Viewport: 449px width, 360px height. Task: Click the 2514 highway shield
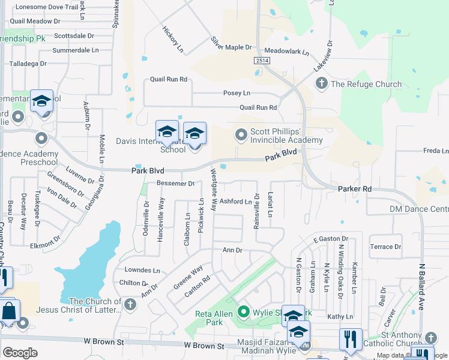coord(261,61)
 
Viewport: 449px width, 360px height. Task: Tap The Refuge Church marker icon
coord(321,83)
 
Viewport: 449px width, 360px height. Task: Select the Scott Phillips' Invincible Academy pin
coord(241,134)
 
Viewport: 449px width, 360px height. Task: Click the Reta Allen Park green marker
coord(243,311)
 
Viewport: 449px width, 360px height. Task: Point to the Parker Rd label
coord(355,189)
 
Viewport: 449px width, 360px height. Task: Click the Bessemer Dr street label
coord(175,183)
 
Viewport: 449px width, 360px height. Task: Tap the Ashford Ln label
coord(235,202)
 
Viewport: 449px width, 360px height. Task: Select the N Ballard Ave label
coord(422,286)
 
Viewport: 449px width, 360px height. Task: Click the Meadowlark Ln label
coord(286,52)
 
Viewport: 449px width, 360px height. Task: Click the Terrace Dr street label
coord(385,247)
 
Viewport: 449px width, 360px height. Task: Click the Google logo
coord(20,352)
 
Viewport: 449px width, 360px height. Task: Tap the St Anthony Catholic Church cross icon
coord(431,337)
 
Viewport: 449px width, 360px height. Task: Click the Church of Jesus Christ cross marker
coord(129,305)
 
